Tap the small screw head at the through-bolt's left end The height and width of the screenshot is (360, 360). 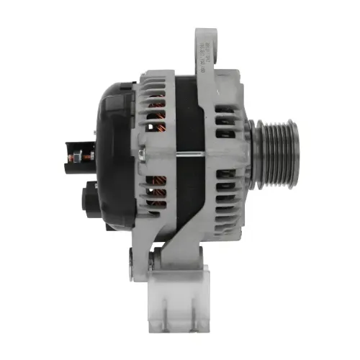pos(143,153)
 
